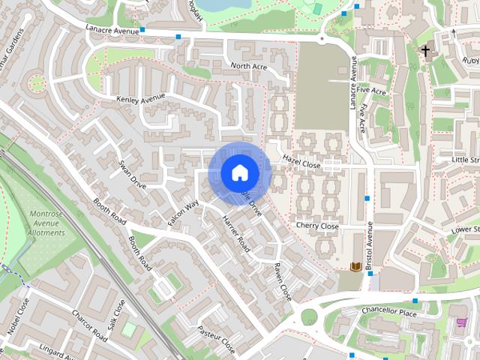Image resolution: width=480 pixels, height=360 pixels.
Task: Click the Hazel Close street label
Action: click(x=301, y=161)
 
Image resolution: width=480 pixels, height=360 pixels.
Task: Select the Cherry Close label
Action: click(x=317, y=226)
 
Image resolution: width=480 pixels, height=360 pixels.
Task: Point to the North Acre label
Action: click(x=249, y=67)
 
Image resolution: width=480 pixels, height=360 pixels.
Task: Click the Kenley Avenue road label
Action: click(x=140, y=99)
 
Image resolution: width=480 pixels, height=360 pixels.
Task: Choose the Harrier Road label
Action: click(x=235, y=232)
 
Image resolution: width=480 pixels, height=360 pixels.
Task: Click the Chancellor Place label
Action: click(x=388, y=313)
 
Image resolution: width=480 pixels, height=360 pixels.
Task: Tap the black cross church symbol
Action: click(x=426, y=52)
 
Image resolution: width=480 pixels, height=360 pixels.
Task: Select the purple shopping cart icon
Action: click(x=462, y=322)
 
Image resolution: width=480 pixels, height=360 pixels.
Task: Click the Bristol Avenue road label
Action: click(x=370, y=246)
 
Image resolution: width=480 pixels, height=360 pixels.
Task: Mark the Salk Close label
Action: click(x=117, y=318)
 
